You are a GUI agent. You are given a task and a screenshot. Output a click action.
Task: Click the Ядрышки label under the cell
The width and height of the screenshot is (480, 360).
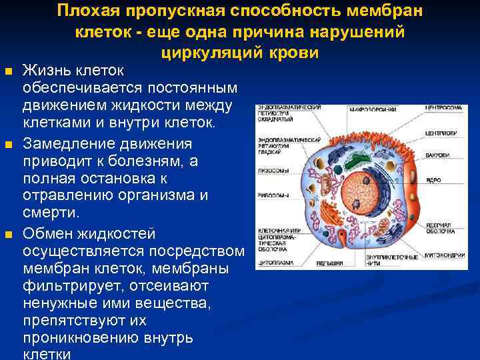pyautogui.click(x=327, y=263)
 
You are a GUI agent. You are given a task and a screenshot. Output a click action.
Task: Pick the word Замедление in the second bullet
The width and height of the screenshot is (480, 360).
pyautogui.click(x=62, y=145)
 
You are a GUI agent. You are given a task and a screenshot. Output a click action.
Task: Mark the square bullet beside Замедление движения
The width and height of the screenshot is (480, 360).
pyautogui.click(x=8, y=145)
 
